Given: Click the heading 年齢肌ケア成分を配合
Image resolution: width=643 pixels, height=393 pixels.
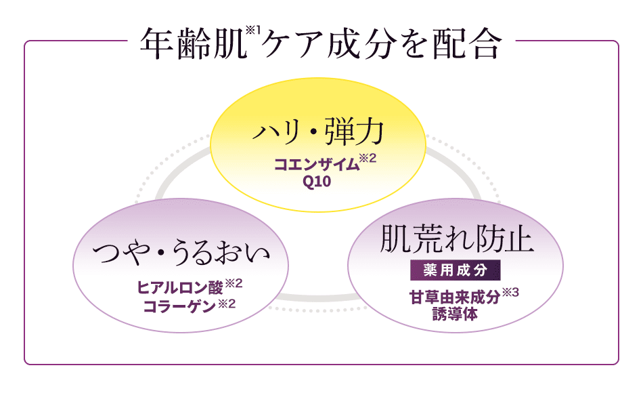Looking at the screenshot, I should click(321, 44).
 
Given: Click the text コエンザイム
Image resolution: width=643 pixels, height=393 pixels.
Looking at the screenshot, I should click(315, 165).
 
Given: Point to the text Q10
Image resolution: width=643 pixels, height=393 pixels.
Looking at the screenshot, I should click(317, 181).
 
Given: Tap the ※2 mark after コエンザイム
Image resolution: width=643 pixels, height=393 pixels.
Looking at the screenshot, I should click(367, 160).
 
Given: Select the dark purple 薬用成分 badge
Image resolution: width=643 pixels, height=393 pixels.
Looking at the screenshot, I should click(456, 270).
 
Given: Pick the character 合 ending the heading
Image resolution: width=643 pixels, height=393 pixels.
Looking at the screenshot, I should click(485, 45).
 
